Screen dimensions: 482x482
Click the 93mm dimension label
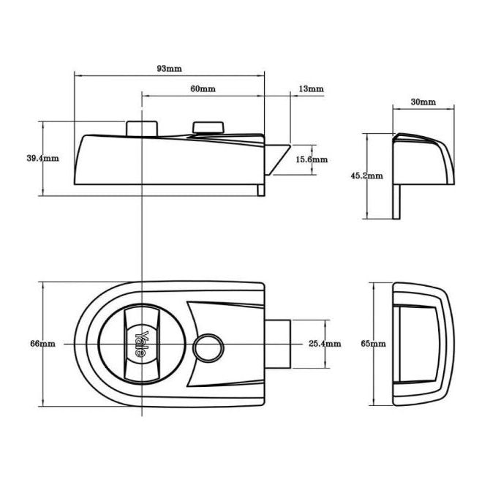[169, 69]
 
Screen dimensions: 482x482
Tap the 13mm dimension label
[311, 89]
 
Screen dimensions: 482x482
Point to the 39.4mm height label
[42, 158]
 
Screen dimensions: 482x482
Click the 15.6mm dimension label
[312, 159]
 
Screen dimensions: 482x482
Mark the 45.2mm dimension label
[366, 176]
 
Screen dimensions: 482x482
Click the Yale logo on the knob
[144, 343]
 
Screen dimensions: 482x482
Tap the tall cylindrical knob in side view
[140, 127]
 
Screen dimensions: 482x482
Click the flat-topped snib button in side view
[208, 128]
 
